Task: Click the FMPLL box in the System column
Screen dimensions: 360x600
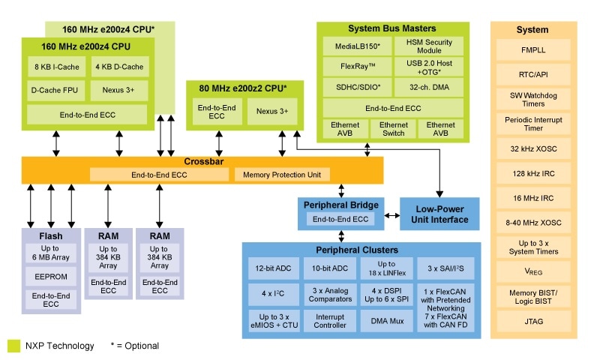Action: click(532, 51)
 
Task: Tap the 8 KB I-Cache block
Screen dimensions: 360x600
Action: click(56, 67)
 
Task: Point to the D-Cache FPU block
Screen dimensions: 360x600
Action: click(56, 91)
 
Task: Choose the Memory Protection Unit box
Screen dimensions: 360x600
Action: click(282, 175)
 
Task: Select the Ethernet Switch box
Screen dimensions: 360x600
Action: click(393, 129)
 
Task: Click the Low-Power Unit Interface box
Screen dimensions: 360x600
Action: click(439, 214)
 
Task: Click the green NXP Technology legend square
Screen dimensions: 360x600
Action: click(13, 346)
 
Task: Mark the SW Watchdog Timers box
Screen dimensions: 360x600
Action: click(532, 99)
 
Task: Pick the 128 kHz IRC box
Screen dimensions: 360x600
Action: click(532, 173)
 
